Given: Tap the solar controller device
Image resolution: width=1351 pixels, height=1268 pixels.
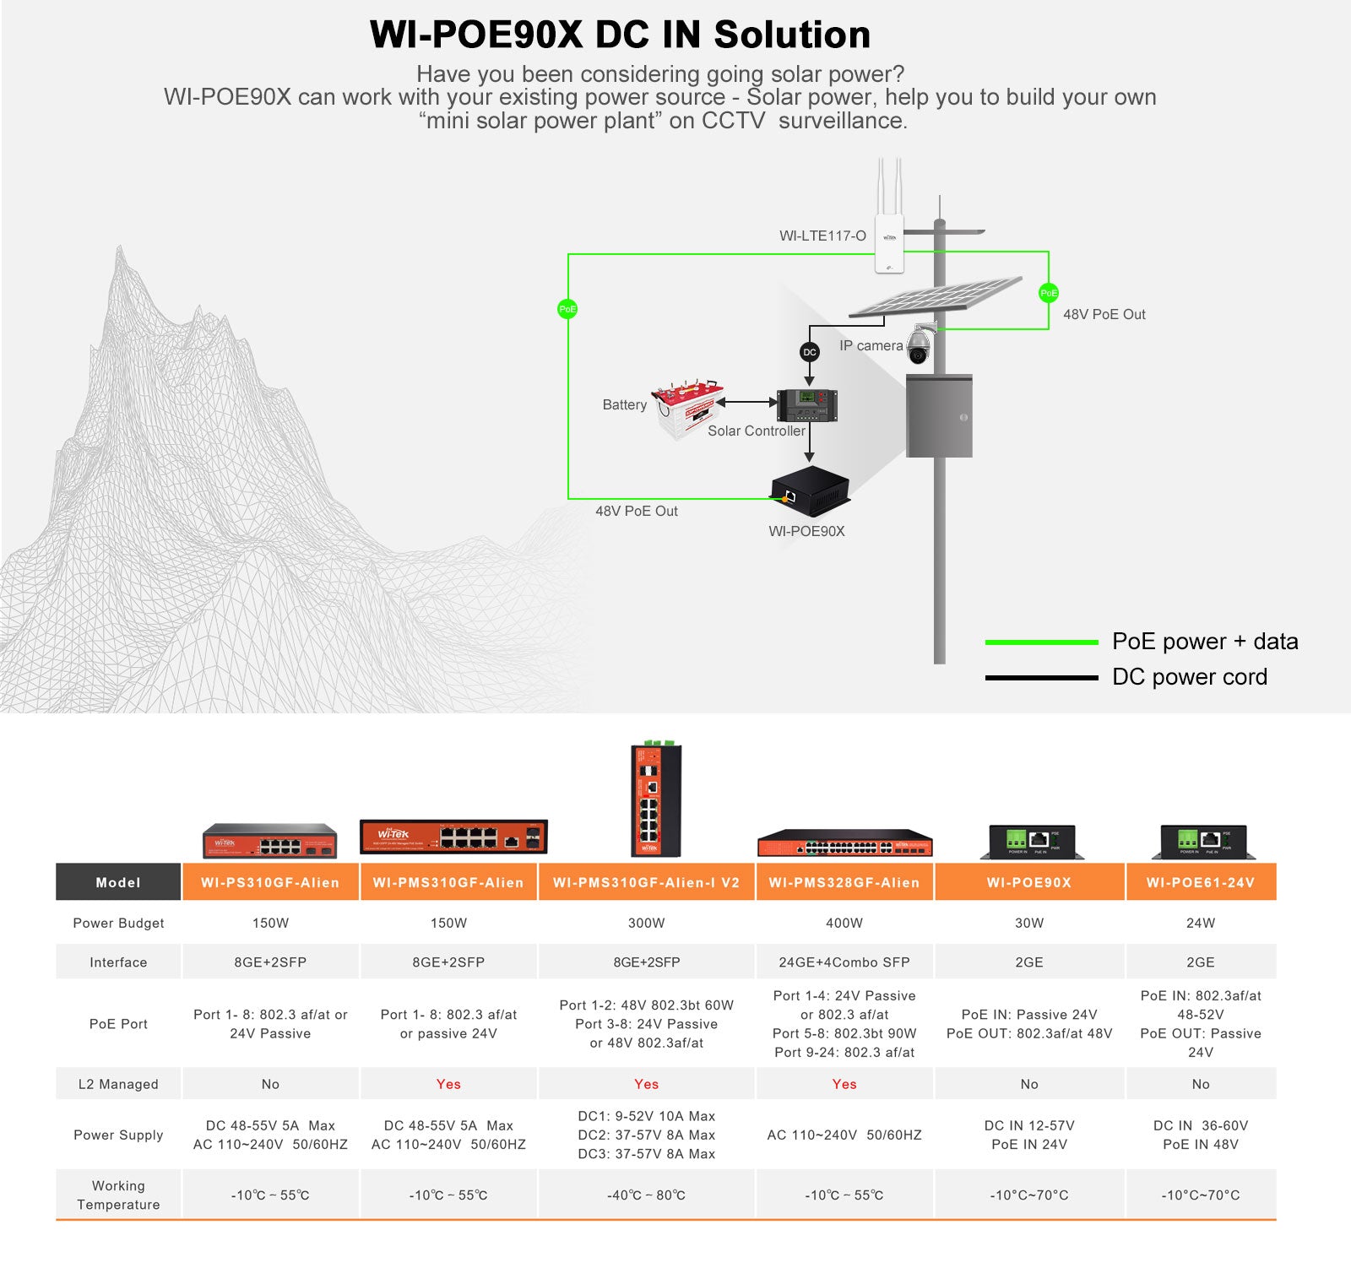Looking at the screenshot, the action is pyautogui.click(x=806, y=405).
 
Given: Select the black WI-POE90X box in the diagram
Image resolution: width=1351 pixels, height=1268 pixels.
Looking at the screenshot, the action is pyautogui.click(x=809, y=490).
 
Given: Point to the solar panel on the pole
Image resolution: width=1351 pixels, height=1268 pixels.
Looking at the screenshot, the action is pyautogui.click(x=936, y=297).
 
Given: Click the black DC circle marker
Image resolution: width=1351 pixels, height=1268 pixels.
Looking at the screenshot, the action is pyautogui.click(x=810, y=352).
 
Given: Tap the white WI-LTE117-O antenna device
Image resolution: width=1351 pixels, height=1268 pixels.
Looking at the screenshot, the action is pyautogui.click(x=889, y=241).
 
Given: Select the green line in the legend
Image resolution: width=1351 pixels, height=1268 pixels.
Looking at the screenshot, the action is pyautogui.click(x=1041, y=642).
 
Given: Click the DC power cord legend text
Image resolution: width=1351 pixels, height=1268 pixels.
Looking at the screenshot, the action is pyautogui.click(x=1189, y=677).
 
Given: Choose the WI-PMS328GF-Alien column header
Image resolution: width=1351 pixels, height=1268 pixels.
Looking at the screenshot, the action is pyautogui.click(x=844, y=882).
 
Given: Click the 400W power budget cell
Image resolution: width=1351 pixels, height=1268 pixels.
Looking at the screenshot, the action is pyautogui.click(x=844, y=923).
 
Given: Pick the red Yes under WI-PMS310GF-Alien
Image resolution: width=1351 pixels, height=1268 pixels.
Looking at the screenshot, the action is pyautogui.click(x=448, y=1084).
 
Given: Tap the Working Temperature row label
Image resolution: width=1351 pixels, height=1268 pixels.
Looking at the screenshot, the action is pyautogui.click(x=118, y=1195).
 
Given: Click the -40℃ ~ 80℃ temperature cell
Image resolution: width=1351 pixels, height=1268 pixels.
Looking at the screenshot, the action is pyautogui.click(x=646, y=1195).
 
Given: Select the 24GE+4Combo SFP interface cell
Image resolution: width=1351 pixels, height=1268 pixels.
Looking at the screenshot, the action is pyautogui.click(x=844, y=962).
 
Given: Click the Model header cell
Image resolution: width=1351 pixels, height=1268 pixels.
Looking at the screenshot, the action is pyautogui.click(x=118, y=882).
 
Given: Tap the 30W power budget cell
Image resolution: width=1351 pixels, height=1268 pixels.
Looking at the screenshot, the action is pyautogui.click(x=1029, y=923).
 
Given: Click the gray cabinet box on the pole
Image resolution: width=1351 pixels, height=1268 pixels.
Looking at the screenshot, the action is pyautogui.click(x=939, y=416).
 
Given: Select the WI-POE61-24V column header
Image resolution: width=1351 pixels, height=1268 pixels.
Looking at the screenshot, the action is pyautogui.click(x=1201, y=882).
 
